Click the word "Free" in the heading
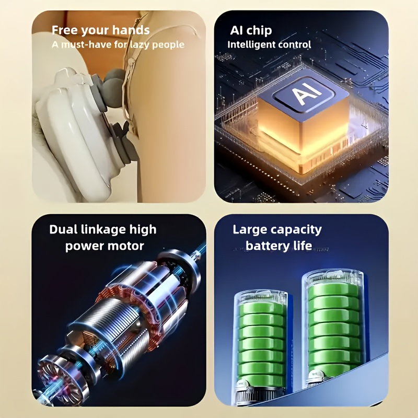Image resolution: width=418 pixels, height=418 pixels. (64, 30)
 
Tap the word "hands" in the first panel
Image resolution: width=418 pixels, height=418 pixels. (133, 30)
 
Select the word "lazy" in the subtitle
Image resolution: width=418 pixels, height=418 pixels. (140, 44)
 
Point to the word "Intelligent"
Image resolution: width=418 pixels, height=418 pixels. (251, 44)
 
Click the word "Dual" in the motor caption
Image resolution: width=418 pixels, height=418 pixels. (63, 229)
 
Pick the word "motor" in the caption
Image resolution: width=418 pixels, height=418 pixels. (127, 246)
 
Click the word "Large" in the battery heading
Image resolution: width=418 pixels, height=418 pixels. (247, 230)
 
